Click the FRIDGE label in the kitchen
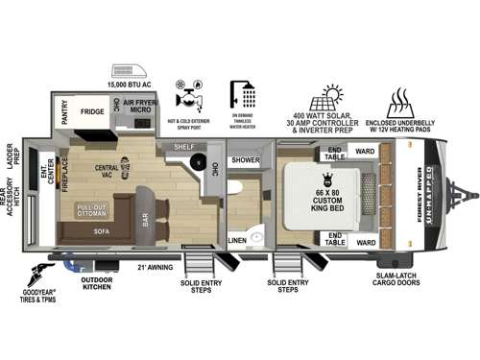pyautogui.click(x=92, y=111)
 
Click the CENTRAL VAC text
pyautogui.click(x=108, y=171)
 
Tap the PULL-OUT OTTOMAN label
pyautogui.click(x=92, y=211)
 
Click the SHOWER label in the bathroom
pyautogui.click(x=246, y=160)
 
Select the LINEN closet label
pyautogui.click(x=237, y=240)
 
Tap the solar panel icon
pyautogui.click(x=332, y=97)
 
